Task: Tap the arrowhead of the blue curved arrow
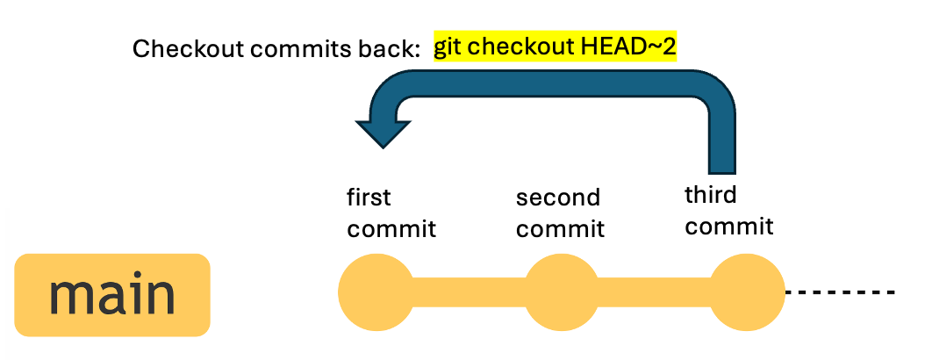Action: pyautogui.click(x=383, y=133)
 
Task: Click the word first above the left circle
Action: pyautogui.click(x=369, y=197)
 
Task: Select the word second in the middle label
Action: pyautogui.click(x=558, y=197)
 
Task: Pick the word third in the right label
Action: pyautogui.click(x=710, y=195)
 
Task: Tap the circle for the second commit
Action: pyautogui.click(x=563, y=292)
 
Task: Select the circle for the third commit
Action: pyautogui.click(x=748, y=292)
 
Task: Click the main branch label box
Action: pyautogui.click(x=112, y=295)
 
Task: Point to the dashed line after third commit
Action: pyautogui.click(x=841, y=292)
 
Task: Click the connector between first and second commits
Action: pyautogui.click(x=470, y=292)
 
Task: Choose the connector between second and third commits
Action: pyautogui.click(x=655, y=292)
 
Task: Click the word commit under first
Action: pyautogui.click(x=391, y=229)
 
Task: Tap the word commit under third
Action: pyautogui.click(x=729, y=227)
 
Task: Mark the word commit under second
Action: pyautogui.click(x=560, y=229)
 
